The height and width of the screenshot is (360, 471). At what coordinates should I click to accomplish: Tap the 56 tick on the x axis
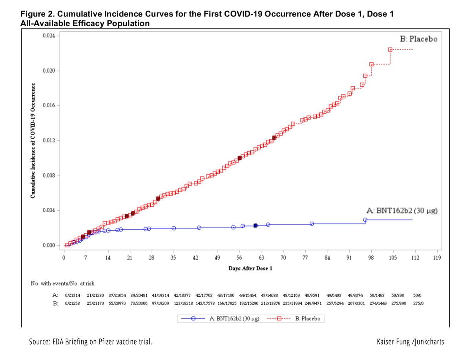point(239,258)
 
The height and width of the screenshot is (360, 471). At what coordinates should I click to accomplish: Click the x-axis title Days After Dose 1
point(250,269)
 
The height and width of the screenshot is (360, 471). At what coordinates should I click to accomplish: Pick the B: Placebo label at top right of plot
point(418,39)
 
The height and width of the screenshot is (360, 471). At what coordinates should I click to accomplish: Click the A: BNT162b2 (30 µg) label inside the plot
point(402,211)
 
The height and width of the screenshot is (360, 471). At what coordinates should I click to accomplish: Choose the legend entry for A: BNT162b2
point(222,319)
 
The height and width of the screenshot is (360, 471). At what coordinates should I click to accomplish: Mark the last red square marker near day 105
point(390,50)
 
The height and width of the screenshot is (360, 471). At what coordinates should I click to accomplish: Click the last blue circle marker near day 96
point(365,220)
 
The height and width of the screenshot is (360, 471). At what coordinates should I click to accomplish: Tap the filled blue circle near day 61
point(256,225)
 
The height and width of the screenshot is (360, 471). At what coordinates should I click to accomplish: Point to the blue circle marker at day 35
point(173,228)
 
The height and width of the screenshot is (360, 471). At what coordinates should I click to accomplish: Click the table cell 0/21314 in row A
point(73,295)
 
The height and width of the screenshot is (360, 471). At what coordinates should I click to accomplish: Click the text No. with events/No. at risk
point(62,283)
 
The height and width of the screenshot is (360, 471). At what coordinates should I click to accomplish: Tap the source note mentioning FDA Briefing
point(91,342)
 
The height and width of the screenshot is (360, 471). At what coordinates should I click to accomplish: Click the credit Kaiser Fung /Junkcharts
point(410,342)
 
